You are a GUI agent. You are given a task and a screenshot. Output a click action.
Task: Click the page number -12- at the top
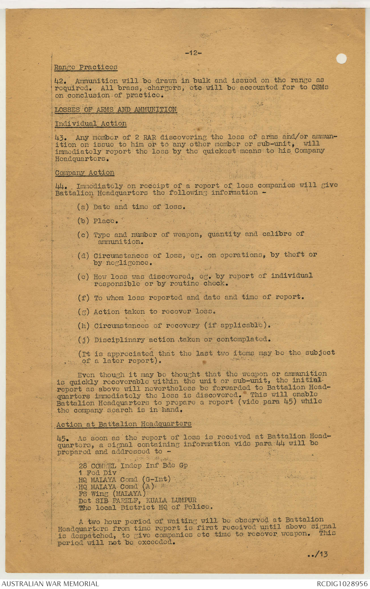pyautogui.click(x=193, y=53)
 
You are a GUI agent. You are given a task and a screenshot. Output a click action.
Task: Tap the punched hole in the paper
pyautogui.click(x=341, y=59)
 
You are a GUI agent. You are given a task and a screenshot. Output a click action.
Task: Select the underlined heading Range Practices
pyautogui.click(x=86, y=67)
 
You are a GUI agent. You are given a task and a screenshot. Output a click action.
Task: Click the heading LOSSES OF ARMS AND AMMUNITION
pyautogui.click(x=116, y=109)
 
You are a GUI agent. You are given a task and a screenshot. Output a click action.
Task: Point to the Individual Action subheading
pyautogui.click(x=91, y=124)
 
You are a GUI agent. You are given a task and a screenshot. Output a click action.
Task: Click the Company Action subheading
pyautogui.click(x=85, y=173)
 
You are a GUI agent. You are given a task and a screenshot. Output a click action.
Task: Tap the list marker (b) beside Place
pyautogui.click(x=83, y=221)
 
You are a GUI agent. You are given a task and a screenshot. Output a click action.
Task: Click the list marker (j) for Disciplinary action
pyautogui.click(x=83, y=340)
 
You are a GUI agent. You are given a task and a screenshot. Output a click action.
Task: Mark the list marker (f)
pyautogui.click(x=83, y=298)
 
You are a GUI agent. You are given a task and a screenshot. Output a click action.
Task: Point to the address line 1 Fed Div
pyautogui.click(x=97, y=473)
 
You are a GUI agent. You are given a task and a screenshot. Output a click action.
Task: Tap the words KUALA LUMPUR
pyautogui.click(x=171, y=500)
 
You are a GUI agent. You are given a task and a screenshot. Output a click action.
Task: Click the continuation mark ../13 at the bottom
pyautogui.click(x=318, y=554)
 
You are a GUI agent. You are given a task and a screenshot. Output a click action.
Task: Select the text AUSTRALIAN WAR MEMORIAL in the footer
pyautogui.click(x=50, y=584)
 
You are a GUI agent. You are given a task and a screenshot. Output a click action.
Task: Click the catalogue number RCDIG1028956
pyautogui.click(x=342, y=584)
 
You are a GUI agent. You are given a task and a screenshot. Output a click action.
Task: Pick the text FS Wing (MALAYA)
pyautogui.click(x=112, y=494)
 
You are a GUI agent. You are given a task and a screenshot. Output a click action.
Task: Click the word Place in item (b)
pyautogui.click(x=105, y=221)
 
